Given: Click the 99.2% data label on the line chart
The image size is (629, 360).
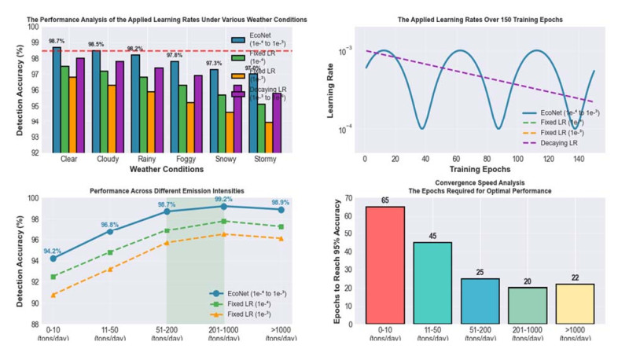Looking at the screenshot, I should [x=224, y=200].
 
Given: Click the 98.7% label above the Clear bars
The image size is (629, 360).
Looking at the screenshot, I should [x=56, y=40].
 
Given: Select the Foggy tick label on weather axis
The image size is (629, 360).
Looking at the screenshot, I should [x=182, y=157].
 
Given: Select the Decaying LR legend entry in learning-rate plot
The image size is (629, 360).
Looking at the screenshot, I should [x=568, y=141].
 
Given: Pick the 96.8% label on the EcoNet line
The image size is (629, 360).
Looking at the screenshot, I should [x=110, y=225].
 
